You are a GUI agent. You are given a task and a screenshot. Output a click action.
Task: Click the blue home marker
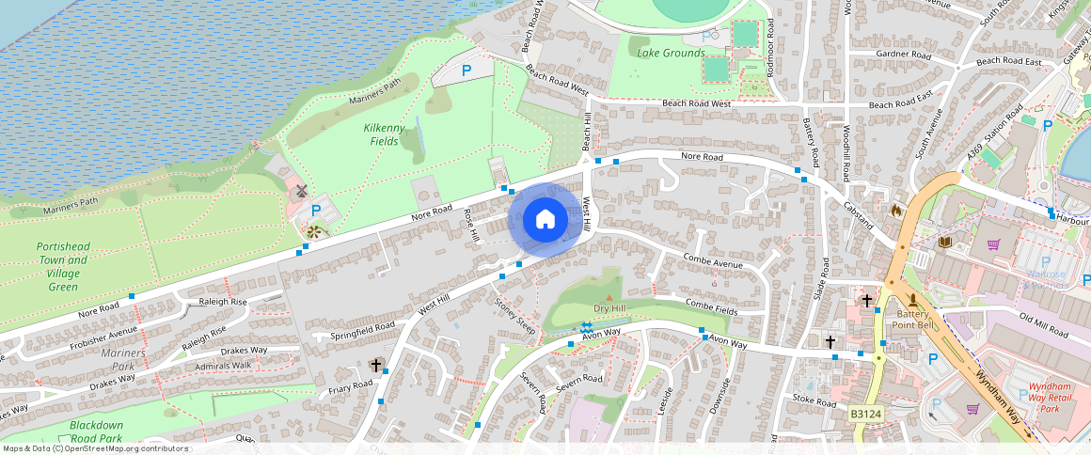click(x=545, y=220)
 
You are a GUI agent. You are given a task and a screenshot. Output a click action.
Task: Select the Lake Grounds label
click(x=671, y=54)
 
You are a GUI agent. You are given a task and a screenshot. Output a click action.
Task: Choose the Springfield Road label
click(x=363, y=331)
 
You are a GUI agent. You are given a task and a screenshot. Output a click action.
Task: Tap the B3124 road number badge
click(x=866, y=413)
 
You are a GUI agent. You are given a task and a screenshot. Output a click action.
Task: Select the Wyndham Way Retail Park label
click(x=1056, y=398)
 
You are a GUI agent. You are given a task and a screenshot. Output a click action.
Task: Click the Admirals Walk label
click(x=223, y=366)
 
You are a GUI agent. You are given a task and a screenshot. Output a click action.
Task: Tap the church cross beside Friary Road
click(x=376, y=364)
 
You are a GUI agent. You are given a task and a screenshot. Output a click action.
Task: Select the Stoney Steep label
click(x=515, y=316)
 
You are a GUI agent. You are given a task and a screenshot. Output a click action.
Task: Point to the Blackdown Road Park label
click(x=96, y=431)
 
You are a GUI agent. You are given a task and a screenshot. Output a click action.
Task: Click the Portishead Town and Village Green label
click(x=63, y=266)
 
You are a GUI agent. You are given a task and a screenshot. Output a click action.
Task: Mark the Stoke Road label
click(x=814, y=401)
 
